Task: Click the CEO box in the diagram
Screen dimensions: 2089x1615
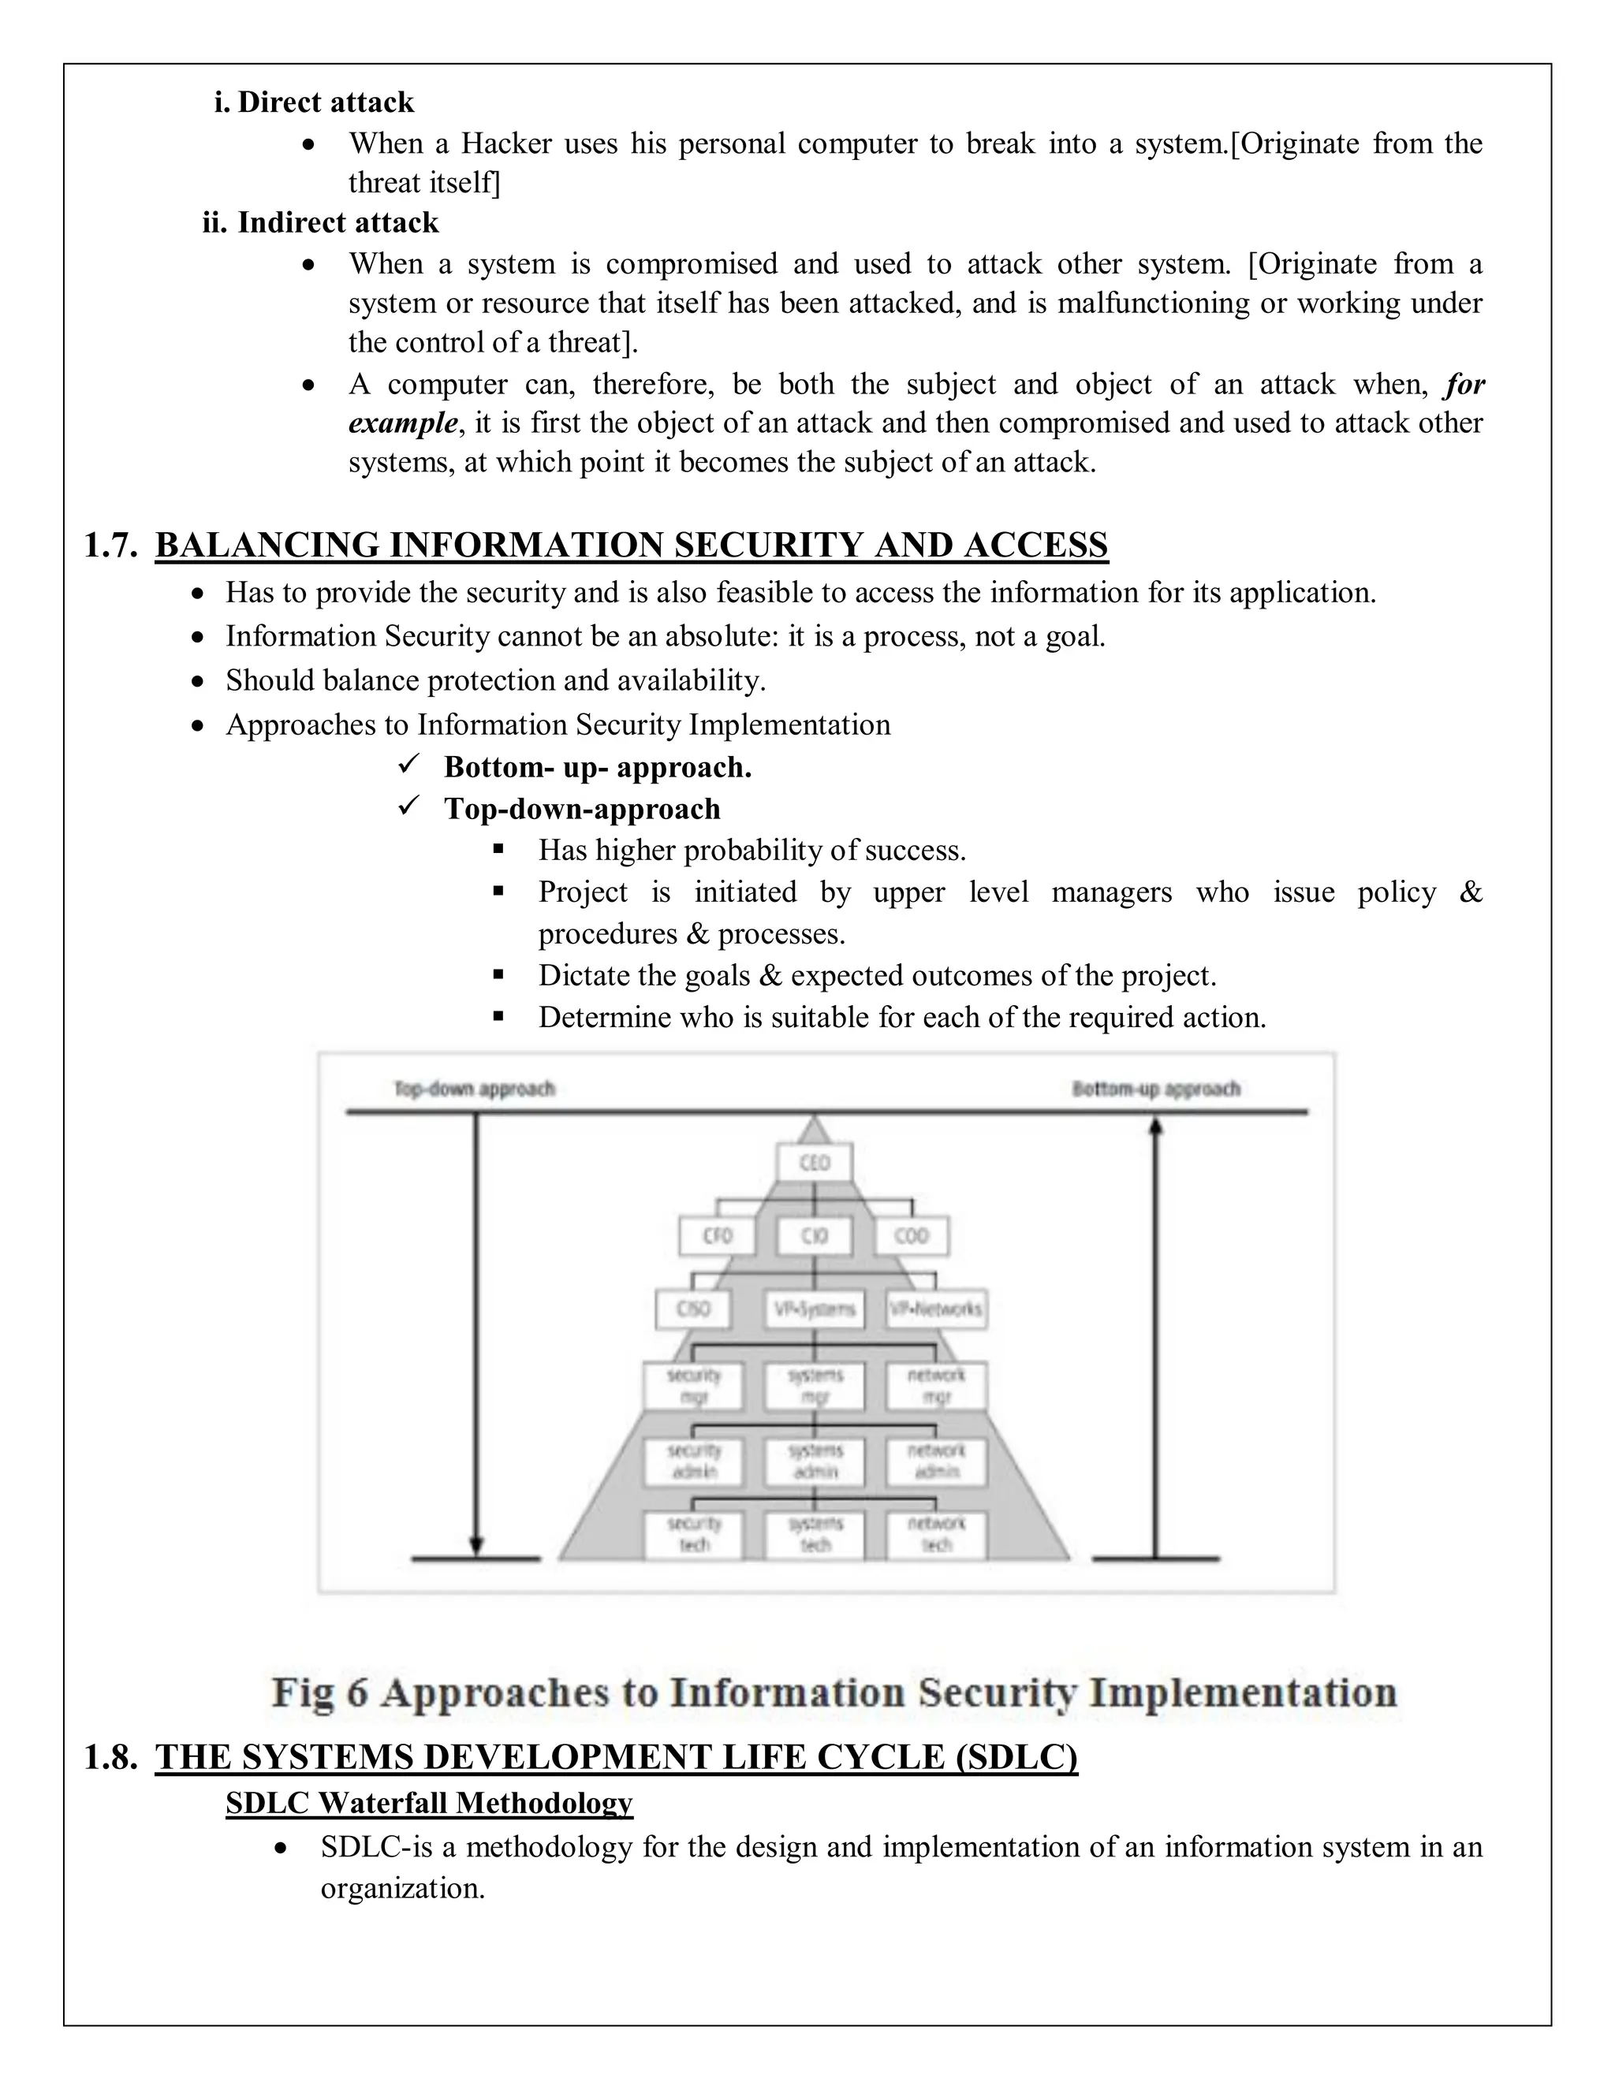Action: [813, 1163]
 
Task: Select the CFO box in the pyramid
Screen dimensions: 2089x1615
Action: [717, 1236]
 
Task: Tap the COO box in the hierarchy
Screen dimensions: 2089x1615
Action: [911, 1236]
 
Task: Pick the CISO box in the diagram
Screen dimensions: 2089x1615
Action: [694, 1309]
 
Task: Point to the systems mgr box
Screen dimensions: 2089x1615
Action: [814, 1386]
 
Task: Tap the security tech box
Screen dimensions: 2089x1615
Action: [694, 1534]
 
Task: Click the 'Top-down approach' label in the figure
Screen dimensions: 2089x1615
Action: [475, 1089]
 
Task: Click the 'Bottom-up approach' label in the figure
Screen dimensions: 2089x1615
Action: [1156, 1089]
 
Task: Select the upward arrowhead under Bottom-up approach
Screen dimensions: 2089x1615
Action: [1156, 1126]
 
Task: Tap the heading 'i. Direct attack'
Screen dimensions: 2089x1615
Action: [314, 102]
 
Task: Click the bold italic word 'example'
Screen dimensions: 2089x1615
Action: [402, 423]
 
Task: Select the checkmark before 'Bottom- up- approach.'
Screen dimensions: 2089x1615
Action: [408, 765]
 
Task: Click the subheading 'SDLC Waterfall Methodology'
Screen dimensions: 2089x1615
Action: [429, 1802]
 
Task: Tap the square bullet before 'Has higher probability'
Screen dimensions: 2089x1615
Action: [498, 848]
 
